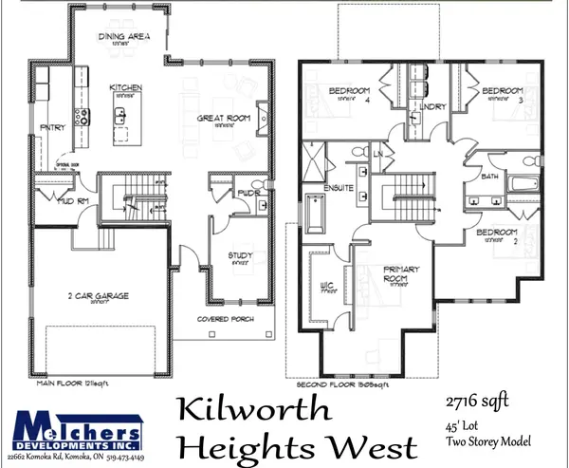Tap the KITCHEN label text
click(125, 87)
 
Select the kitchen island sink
click(121, 118)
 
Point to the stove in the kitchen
click(81, 117)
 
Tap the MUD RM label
click(49, 201)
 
